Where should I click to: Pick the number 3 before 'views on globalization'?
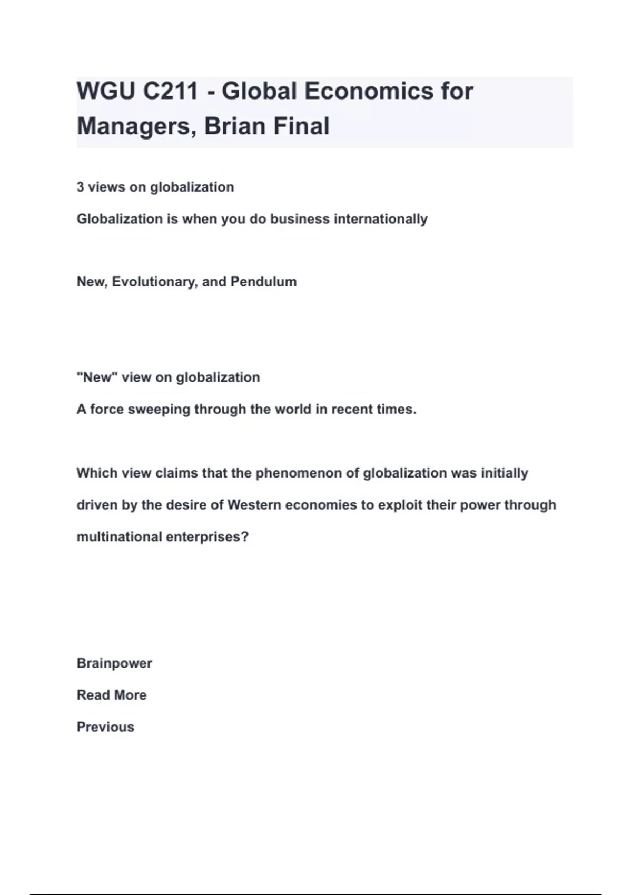click(80, 187)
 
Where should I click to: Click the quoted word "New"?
click(97, 377)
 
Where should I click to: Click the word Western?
click(254, 505)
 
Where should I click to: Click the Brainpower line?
click(114, 663)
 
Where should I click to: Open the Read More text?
click(112, 695)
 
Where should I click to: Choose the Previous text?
click(105, 727)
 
